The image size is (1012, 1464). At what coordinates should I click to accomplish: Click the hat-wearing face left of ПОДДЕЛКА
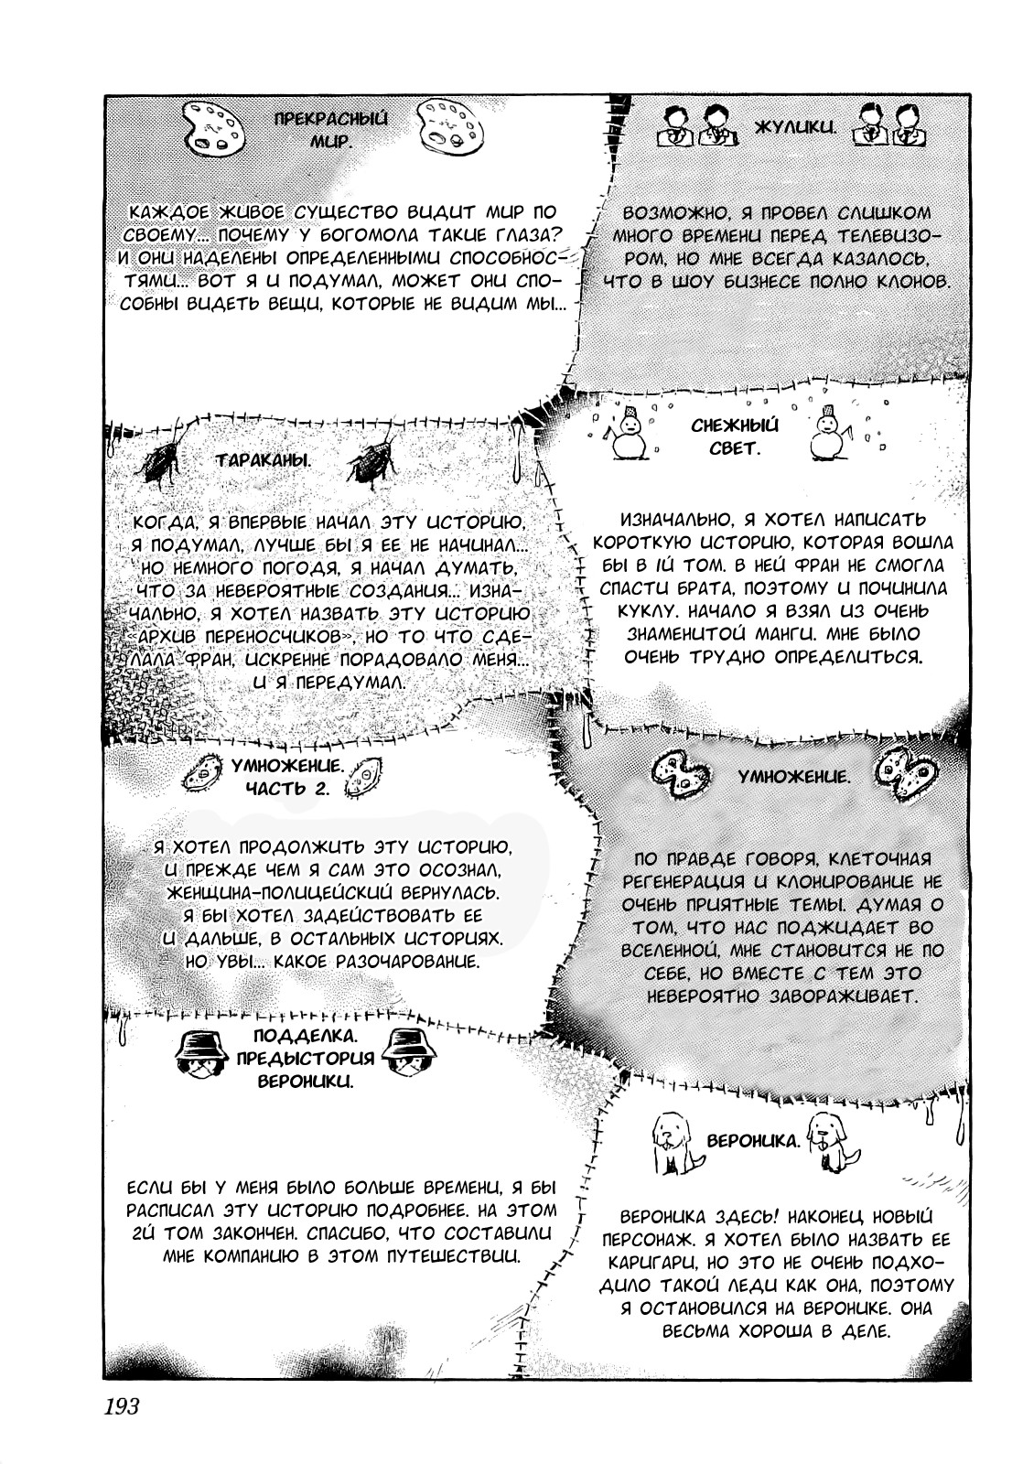pyautogui.click(x=202, y=1055)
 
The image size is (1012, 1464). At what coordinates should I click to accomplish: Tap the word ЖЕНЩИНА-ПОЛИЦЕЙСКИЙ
pyautogui.click(x=297, y=891)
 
